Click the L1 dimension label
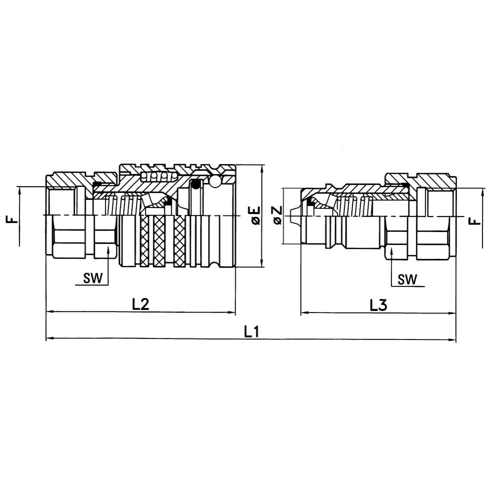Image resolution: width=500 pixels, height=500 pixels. pyautogui.click(x=251, y=332)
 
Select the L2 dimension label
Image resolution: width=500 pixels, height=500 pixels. pyautogui.click(x=140, y=304)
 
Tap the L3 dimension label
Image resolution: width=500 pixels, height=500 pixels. pyautogui.click(x=378, y=305)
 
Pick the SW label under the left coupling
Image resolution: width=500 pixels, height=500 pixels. pyautogui.click(x=93, y=278)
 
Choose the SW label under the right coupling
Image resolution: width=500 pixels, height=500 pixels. pyautogui.click(x=407, y=279)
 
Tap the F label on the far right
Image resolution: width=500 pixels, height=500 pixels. pyautogui.click(x=475, y=220)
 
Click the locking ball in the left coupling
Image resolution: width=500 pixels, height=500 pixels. pyautogui.click(x=215, y=181)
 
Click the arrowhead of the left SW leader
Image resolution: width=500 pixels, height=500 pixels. pyautogui.click(x=108, y=249)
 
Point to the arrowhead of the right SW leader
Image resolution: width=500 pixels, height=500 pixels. pyautogui.click(x=391, y=250)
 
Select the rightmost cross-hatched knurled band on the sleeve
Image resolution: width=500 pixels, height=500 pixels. pyautogui.click(x=180, y=241)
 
